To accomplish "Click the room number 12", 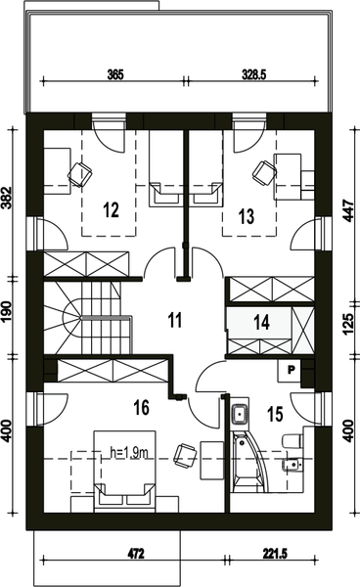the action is (x=112, y=209).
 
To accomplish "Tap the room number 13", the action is (x=247, y=216).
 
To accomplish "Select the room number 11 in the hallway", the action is (x=175, y=320).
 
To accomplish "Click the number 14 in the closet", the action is (x=261, y=322).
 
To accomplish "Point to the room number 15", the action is (x=275, y=414).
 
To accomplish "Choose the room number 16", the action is (x=142, y=407).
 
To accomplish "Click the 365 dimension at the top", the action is (x=115, y=74).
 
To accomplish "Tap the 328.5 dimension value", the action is (x=253, y=74).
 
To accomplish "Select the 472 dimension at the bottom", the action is (x=136, y=554).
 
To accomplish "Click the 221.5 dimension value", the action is (x=275, y=554).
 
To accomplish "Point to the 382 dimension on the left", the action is (x=7, y=198).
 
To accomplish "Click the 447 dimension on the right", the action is (x=348, y=210).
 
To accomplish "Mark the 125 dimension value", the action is (x=347, y=324).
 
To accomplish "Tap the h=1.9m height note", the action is (x=129, y=453).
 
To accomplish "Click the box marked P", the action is (x=291, y=370).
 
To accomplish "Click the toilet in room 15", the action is (x=292, y=440).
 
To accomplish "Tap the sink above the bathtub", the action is (x=240, y=415).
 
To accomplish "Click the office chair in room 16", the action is (x=185, y=456).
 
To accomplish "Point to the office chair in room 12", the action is (x=79, y=174).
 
